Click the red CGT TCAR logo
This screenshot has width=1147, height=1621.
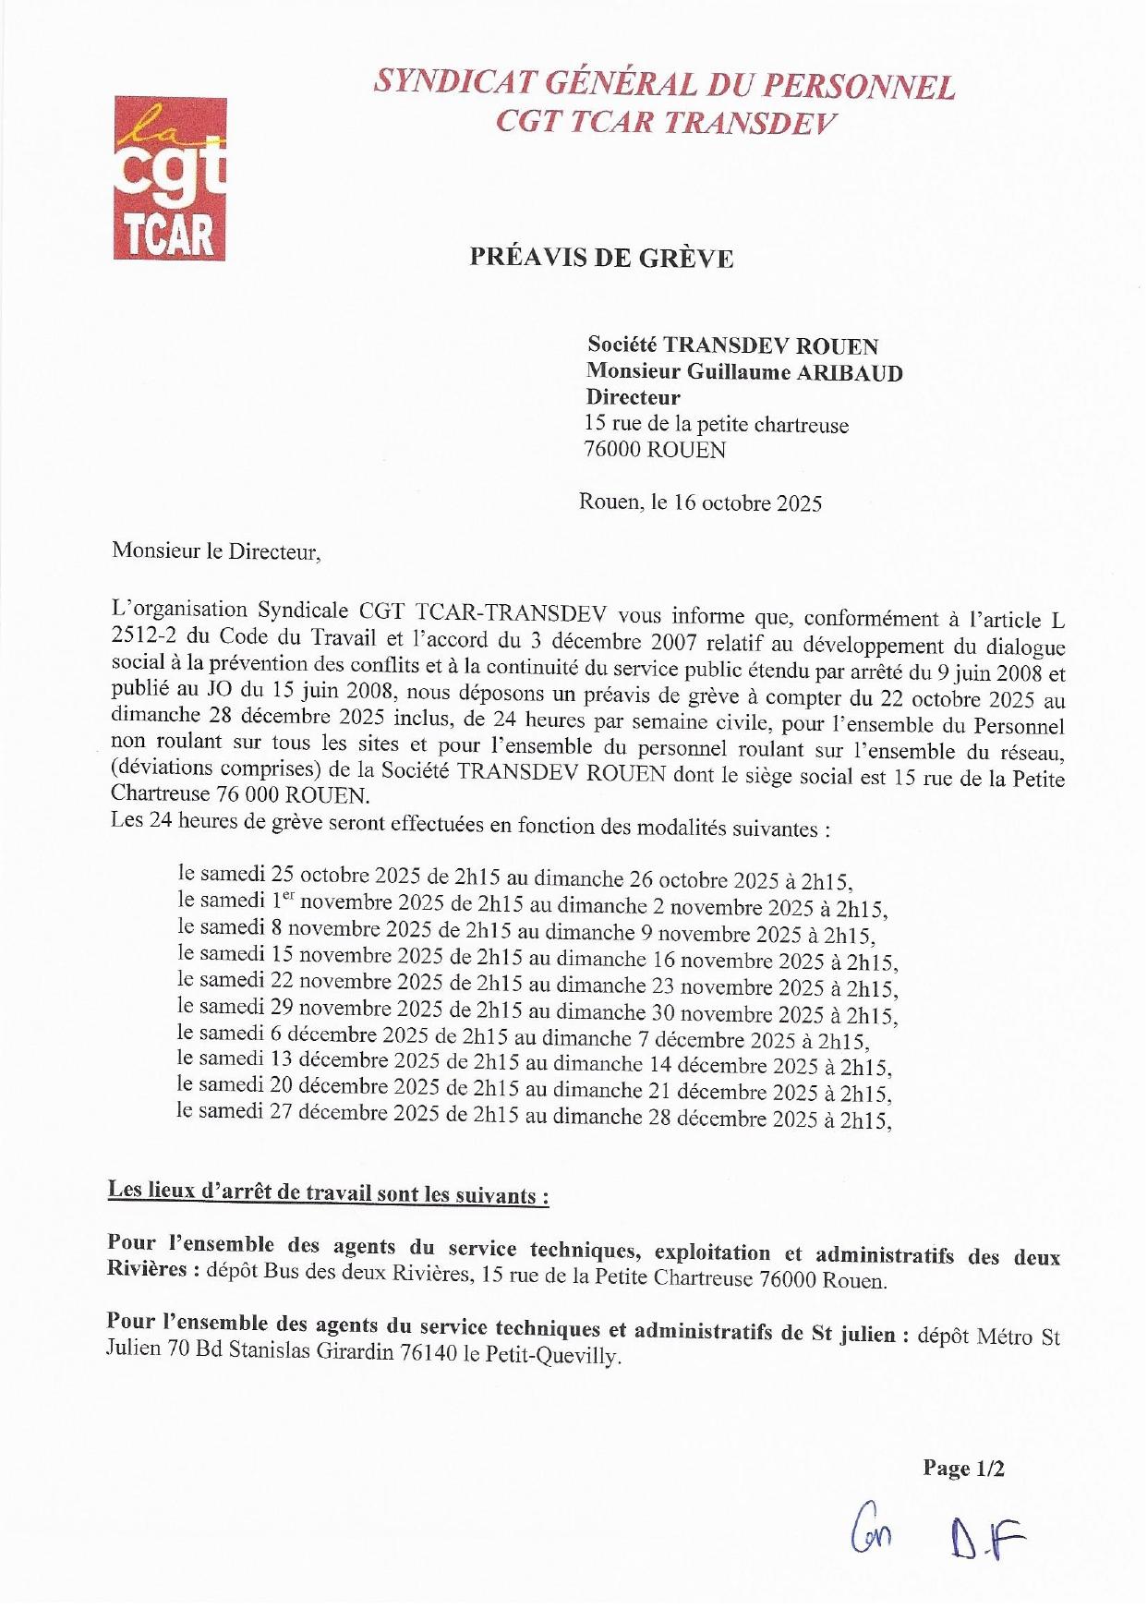pos(170,178)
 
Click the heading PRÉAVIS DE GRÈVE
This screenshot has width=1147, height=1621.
pos(601,258)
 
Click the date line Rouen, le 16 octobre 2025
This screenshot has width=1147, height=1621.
pos(700,503)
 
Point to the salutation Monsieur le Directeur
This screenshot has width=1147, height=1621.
pos(216,552)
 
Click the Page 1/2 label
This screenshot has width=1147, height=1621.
pos(963,1469)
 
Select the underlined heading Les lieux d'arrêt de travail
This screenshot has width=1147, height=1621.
pos(328,1192)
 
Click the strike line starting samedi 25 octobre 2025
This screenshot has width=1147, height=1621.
pos(515,877)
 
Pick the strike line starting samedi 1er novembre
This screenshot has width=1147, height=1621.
pos(533,904)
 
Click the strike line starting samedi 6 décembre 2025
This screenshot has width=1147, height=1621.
pos(523,1037)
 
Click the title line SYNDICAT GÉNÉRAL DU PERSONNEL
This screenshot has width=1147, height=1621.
pos(664,85)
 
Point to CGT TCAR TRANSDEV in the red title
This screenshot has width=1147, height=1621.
pos(664,122)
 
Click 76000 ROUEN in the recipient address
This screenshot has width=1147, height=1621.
pos(655,450)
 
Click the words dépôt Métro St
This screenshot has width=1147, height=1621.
pos(988,1336)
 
